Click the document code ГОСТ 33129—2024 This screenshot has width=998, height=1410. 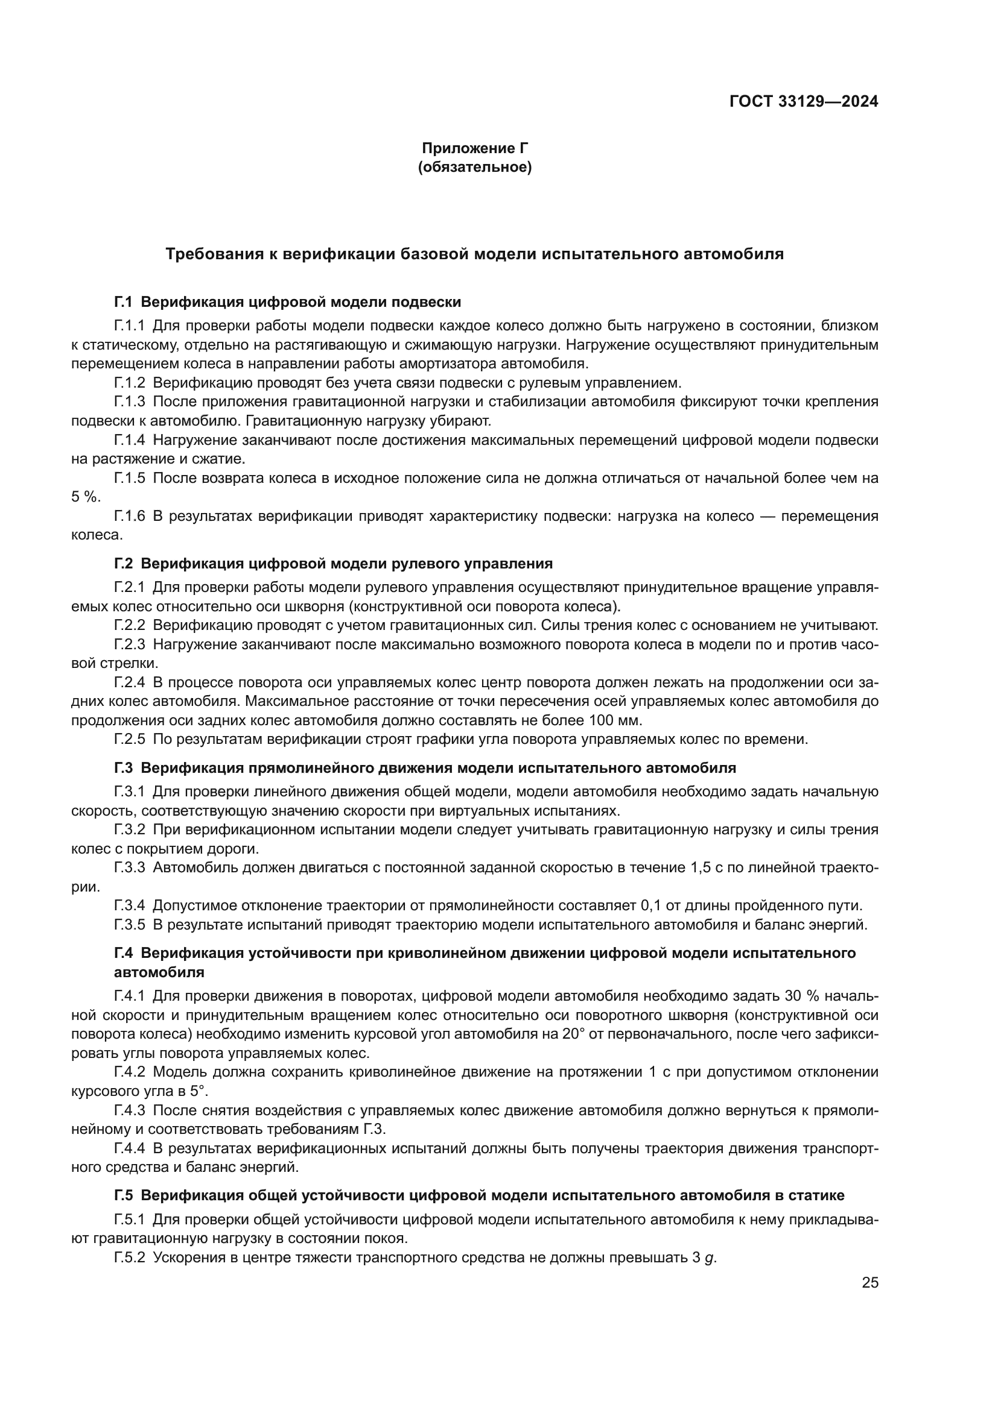(803, 101)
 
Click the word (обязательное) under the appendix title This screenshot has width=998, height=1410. (474, 167)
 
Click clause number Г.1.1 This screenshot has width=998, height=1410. (129, 326)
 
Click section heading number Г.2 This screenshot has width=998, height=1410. (124, 564)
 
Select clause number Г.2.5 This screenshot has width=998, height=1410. (129, 740)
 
